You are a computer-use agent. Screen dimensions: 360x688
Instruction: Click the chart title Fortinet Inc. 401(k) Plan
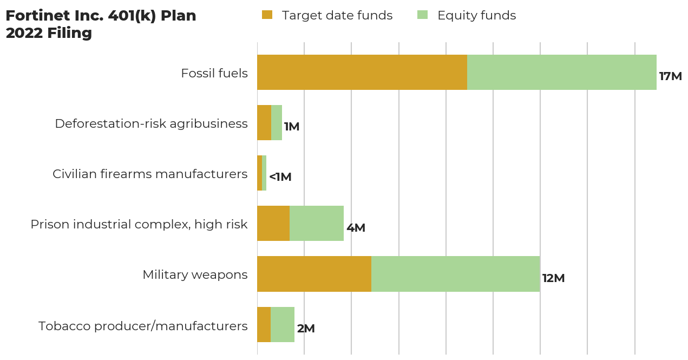pos(101,16)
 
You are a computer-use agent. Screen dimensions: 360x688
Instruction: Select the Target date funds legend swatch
pos(267,15)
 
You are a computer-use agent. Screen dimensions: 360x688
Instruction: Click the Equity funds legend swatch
pos(422,15)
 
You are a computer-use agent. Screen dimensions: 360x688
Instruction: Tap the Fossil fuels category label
pos(214,73)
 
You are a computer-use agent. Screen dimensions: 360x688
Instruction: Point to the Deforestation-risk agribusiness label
pos(151,123)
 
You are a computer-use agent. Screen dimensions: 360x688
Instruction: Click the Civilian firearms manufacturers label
pos(150,174)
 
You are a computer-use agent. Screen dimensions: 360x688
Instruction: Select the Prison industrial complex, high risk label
pos(139,224)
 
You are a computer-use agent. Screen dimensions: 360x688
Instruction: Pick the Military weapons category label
pos(195,274)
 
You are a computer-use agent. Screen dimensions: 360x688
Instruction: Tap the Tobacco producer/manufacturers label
pos(143,326)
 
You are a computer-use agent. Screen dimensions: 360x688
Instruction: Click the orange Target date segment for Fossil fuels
pos(362,72)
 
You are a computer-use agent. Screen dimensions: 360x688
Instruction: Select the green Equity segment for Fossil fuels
pos(561,72)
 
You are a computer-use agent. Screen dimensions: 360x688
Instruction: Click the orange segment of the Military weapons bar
pos(314,274)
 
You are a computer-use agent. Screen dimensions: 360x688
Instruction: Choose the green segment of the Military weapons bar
pos(455,274)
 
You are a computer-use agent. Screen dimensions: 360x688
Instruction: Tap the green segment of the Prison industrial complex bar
pos(317,223)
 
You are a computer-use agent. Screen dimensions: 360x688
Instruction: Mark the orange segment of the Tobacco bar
pos(264,324)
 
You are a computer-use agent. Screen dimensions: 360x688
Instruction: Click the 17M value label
pos(670,76)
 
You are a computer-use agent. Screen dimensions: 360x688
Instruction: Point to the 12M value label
pos(553,278)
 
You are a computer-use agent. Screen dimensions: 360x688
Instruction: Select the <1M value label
pos(280,177)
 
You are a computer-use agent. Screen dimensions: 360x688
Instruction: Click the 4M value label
pos(356,228)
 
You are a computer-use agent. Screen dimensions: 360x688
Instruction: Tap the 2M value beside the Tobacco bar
pos(306,329)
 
